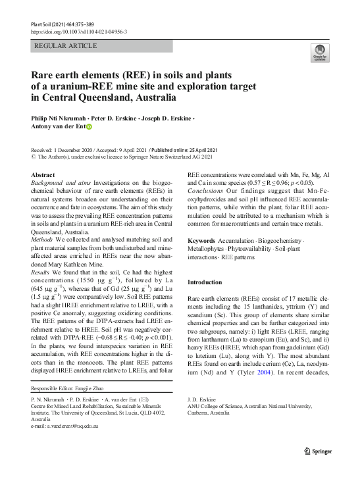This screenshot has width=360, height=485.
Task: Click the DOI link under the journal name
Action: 80,32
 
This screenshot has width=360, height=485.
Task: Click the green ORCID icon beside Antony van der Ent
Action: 90,129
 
